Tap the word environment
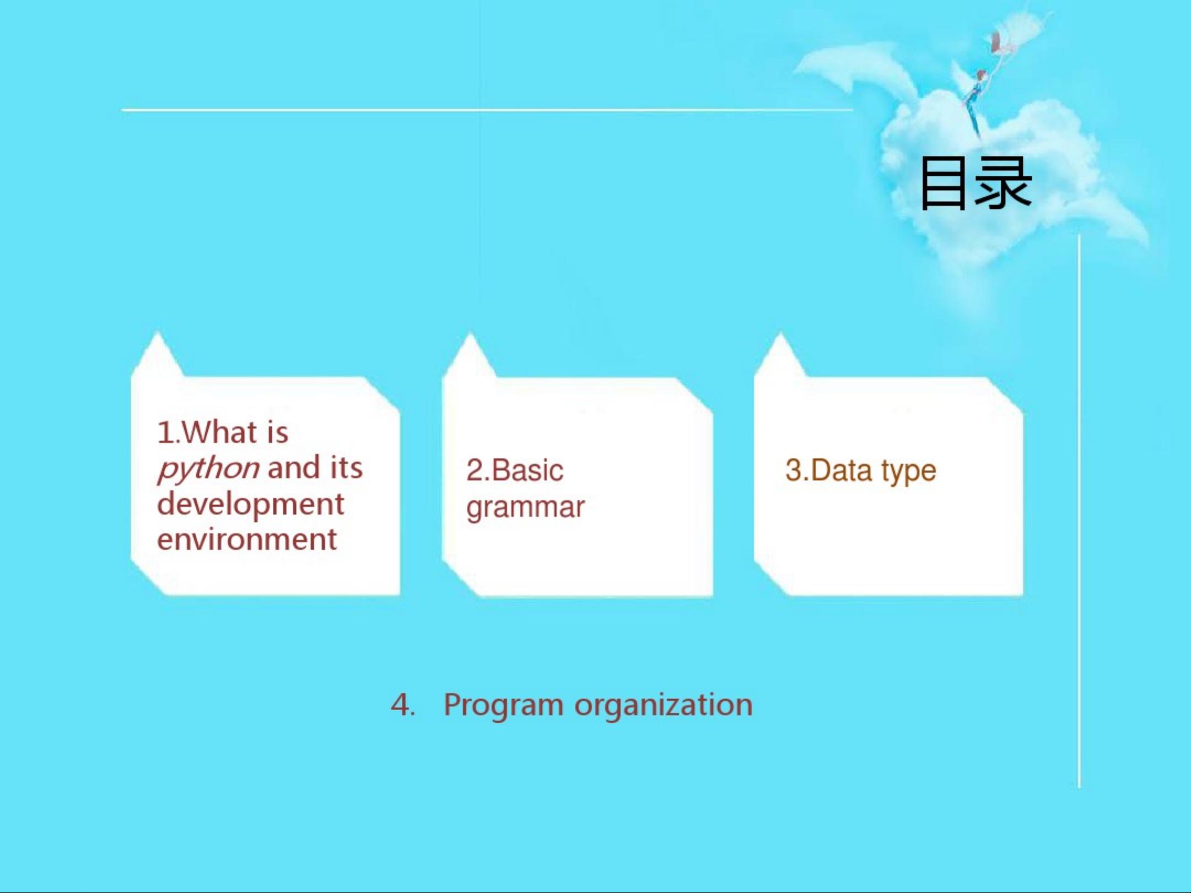[x=247, y=539]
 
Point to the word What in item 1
[x=219, y=432]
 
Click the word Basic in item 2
[x=527, y=470]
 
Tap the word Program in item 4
[x=503, y=706]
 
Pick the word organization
[x=664, y=706]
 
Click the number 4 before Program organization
[x=401, y=705]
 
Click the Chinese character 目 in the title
[x=943, y=183]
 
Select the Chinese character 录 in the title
[x=1003, y=183]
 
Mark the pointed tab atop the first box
[x=158, y=355]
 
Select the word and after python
[x=294, y=468]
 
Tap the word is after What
[x=277, y=432]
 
